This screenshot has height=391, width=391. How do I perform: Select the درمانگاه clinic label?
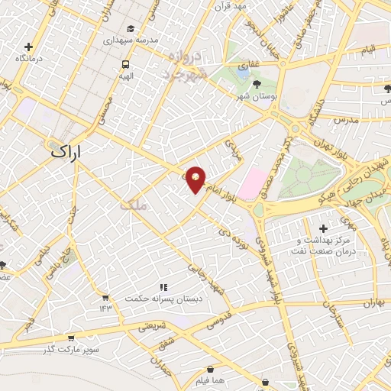[29, 58]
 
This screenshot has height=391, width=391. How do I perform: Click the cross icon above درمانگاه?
[29, 47]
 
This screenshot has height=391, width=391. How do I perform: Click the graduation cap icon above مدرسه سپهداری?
[131, 29]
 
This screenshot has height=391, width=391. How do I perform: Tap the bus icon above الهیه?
[124, 64]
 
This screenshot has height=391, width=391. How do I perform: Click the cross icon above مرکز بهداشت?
[323, 228]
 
